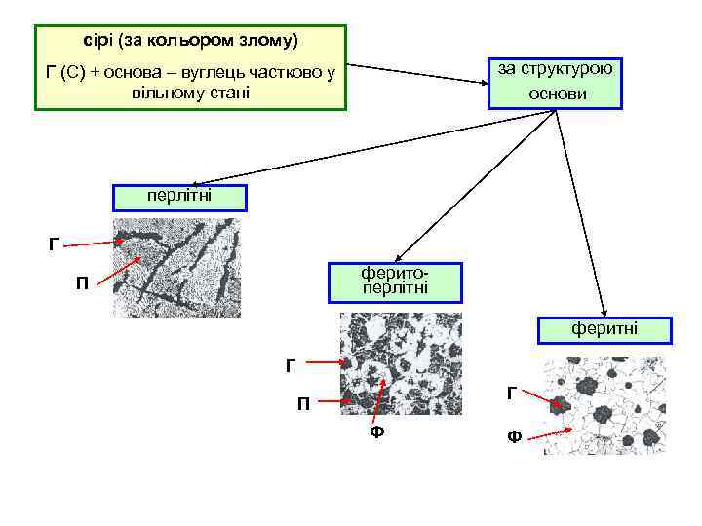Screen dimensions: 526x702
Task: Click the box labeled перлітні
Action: (179, 197)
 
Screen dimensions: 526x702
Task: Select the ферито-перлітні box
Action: (394, 282)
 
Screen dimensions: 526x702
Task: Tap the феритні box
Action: (604, 330)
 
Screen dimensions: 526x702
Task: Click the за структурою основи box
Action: (556, 83)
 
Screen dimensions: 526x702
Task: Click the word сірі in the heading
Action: (97, 42)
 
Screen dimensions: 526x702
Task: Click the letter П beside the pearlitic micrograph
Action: (84, 284)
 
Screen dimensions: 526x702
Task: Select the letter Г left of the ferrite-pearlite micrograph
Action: (290, 366)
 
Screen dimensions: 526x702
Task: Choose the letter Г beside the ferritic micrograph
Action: (511, 394)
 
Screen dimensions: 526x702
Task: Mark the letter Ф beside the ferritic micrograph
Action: (513, 437)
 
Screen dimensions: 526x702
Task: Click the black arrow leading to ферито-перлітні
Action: (478, 184)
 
